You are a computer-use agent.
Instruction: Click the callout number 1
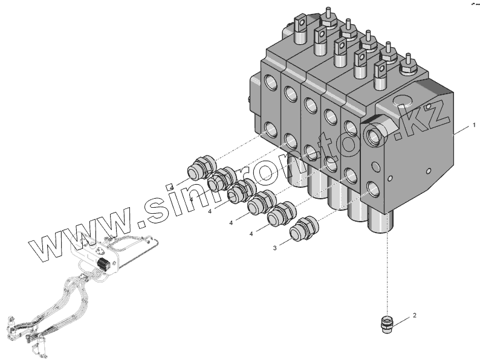pos(474,126)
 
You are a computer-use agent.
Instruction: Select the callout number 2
pos(414,315)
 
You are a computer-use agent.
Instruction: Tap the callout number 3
pos(274,248)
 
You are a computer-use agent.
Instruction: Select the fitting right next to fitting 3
pos(280,214)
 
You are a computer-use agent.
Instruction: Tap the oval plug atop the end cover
pos(402,98)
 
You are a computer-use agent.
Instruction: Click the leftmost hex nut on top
pos(329,20)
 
